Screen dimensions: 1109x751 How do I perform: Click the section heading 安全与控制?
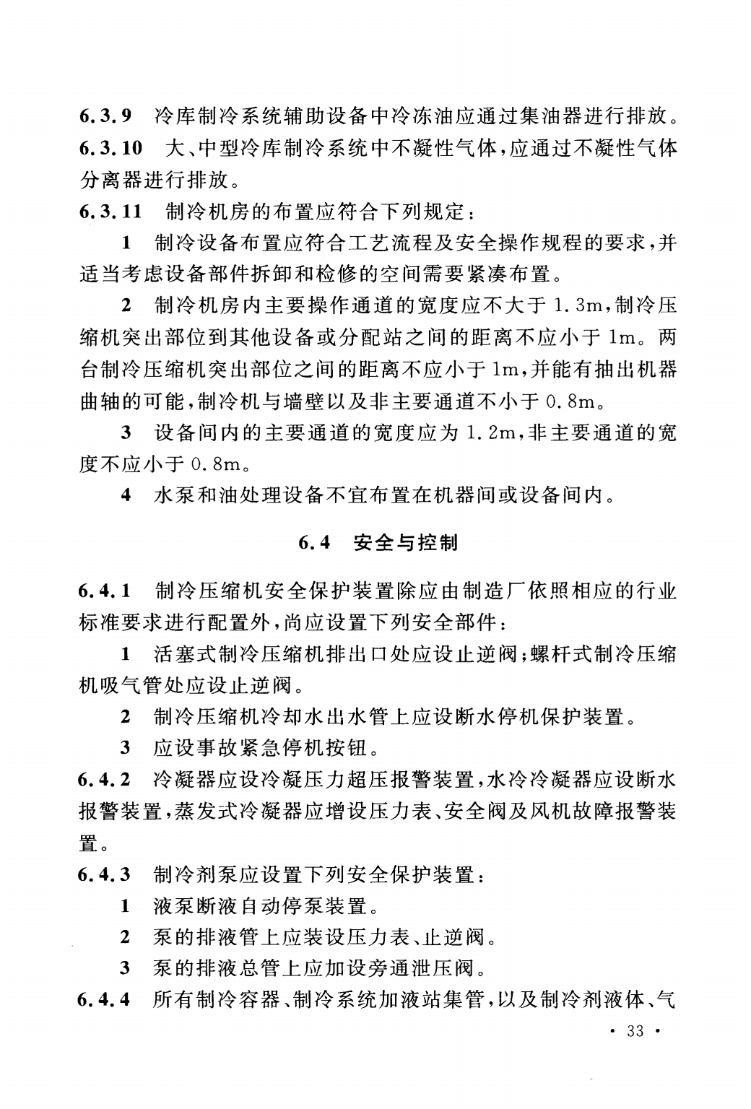pos(407,542)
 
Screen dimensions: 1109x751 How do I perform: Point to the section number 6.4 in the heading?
pos(315,542)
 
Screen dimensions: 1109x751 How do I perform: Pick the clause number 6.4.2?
pos(105,779)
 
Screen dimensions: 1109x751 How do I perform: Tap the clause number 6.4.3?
pos(105,875)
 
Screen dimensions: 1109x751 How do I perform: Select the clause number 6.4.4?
pos(105,1001)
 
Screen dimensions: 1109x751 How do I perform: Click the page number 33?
pos(635,1031)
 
